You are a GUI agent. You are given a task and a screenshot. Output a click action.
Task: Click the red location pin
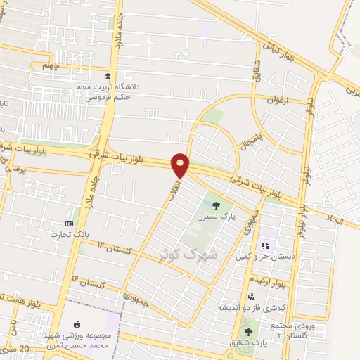coord(181,164)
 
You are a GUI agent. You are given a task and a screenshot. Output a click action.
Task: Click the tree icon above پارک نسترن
coord(216,206)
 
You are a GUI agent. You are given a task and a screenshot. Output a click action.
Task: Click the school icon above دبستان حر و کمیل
coord(266,245)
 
